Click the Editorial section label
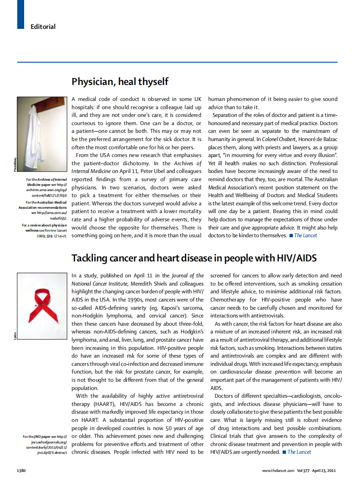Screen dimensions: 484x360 coord(43,27)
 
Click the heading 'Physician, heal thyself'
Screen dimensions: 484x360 coord(120,82)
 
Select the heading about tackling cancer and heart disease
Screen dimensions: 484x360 coord(194,258)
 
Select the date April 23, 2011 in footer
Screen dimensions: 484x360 coord(324,471)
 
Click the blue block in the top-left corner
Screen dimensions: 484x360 coord(21,15)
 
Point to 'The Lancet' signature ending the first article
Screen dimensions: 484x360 coord(305,236)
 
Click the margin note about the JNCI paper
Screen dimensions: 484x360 coord(45,444)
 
